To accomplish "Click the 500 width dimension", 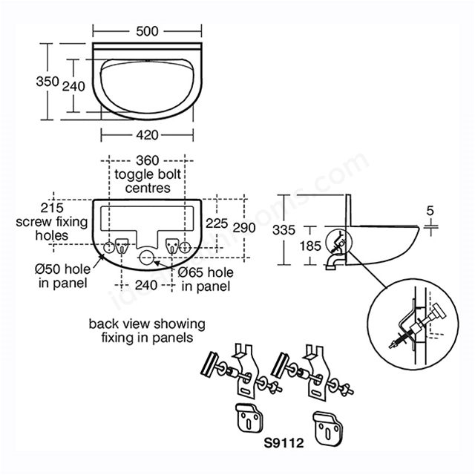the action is pyautogui.click(x=147, y=31).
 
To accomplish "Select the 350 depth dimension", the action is pyautogui.click(x=47, y=81).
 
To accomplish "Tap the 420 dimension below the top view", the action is pyautogui.click(x=147, y=135).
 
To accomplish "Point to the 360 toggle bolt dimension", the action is pyautogui.click(x=147, y=160).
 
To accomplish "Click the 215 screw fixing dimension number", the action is pyautogui.click(x=52, y=208).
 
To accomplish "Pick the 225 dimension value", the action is pyautogui.click(x=217, y=223).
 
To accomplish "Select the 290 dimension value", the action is pyautogui.click(x=244, y=228).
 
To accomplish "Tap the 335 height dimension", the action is pyautogui.click(x=284, y=230).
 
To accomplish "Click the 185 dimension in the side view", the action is pyautogui.click(x=310, y=246).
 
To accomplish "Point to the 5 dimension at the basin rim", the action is pyautogui.click(x=430, y=210).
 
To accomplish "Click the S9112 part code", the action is pyautogui.click(x=284, y=443).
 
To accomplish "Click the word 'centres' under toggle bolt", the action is pyautogui.click(x=148, y=188).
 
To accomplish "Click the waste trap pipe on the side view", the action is pyautogui.click(x=333, y=262).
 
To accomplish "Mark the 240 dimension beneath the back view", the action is pyautogui.click(x=146, y=285).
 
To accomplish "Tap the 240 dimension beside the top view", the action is pyautogui.click(x=73, y=86).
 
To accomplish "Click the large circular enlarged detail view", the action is pyautogui.click(x=413, y=324).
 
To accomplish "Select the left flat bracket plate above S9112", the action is pyautogui.click(x=249, y=418).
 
